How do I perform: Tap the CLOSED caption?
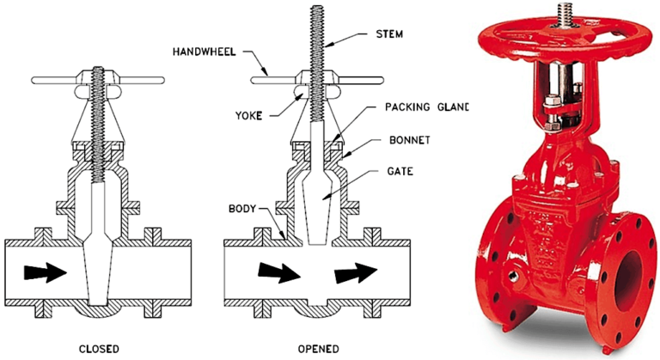tap(97, 348)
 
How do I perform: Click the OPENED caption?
tap(318, 348)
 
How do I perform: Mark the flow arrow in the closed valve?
tap(44, 273)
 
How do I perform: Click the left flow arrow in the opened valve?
tap(277, 273)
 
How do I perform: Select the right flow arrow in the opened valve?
tap(357, 273)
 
